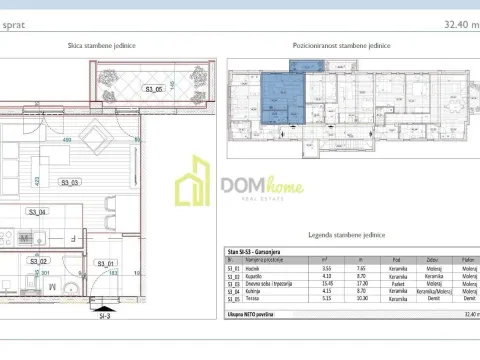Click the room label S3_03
point(69,183)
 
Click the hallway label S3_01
point(104,263)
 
